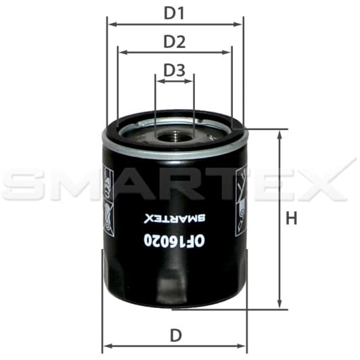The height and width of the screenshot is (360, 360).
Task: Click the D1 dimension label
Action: coord(175,12)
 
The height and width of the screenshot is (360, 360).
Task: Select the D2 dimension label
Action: coord(175,41)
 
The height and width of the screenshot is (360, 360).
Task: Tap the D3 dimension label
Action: coord(175,70)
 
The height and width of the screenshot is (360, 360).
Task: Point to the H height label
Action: coord(291,219)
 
